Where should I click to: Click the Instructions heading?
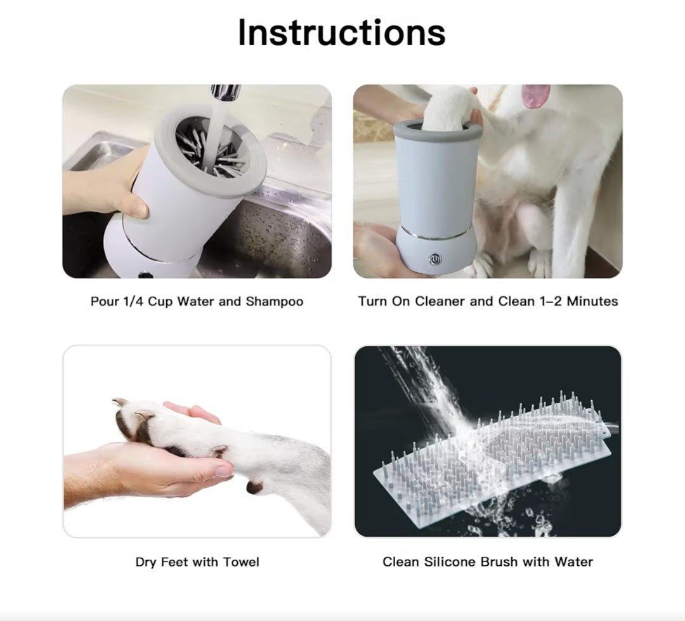pyautogui.click(x=341, y=32)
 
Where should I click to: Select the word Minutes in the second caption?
pyautogui.click(x=592, y=301)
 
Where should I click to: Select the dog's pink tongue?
pyautogui.click(x=536, y=96)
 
